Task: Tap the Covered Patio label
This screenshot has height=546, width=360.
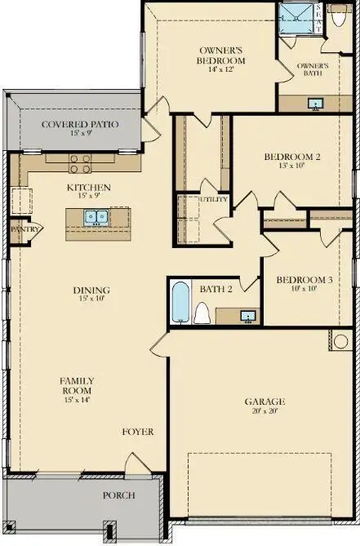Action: coord(80,124)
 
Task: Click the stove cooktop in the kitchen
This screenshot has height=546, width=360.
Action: coord(79,164)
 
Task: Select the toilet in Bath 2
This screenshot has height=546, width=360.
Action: coord(202,313)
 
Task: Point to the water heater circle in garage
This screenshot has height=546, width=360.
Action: coord(340,341)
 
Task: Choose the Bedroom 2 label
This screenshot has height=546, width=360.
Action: coord(291,157)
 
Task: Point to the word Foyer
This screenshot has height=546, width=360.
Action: coord(138,432)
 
